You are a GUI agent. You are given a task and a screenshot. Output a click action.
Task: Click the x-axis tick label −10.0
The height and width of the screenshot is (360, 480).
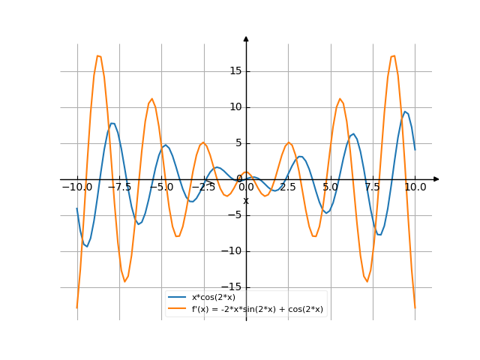76,187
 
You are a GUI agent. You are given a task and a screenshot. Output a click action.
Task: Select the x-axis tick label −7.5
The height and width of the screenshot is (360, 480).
118,187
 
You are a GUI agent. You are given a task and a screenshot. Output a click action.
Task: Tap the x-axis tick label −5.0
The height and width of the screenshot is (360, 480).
161,187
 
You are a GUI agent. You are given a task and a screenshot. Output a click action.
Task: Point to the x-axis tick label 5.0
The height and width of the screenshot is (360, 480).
331,187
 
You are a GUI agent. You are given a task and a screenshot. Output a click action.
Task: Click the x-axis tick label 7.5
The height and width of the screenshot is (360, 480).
373,187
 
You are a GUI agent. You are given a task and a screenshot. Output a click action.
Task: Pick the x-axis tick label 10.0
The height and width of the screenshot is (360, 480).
415,187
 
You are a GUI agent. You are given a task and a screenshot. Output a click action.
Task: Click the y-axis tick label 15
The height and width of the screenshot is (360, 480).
234,71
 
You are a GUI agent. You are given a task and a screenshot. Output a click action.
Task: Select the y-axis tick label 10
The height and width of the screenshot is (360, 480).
234,107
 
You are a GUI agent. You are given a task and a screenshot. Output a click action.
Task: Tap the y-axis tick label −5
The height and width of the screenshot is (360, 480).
232,215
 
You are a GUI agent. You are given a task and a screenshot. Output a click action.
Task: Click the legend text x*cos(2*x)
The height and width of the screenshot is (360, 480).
214,298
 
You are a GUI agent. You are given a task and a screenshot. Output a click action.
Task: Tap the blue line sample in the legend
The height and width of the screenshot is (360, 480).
178,298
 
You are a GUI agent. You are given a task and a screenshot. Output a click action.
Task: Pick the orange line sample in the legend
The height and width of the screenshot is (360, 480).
178,308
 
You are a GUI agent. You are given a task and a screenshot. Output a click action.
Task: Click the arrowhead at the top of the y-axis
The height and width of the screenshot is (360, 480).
246,38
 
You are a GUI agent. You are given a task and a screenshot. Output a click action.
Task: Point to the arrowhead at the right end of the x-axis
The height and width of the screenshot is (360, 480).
436,179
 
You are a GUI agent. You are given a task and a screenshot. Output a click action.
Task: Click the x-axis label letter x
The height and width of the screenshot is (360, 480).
246,200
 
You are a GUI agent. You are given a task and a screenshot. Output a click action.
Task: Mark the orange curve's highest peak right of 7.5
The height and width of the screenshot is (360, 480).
394,55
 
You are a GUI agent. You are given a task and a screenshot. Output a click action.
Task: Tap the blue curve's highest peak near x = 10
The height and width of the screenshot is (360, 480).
405,112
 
